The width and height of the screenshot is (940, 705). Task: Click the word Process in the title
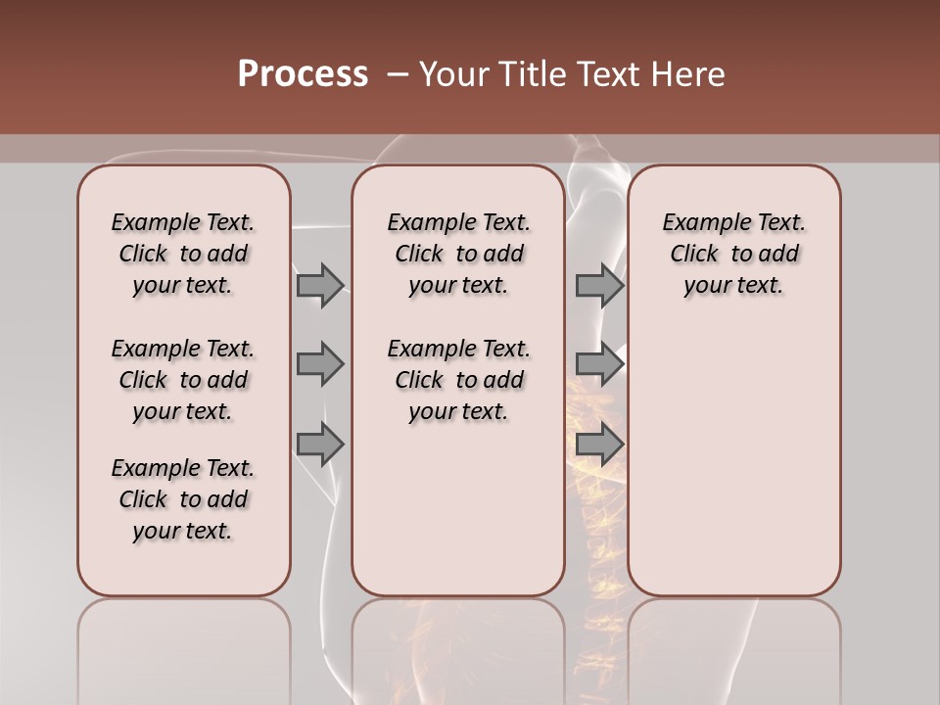[x=303, y=74]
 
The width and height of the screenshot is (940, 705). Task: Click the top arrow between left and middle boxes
[x=320, y=285]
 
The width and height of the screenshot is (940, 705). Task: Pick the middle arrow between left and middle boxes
[x=320, y=364]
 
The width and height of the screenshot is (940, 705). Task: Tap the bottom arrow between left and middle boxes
[x=320, y=444]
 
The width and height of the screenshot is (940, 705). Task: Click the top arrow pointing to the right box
[x=599, y=285]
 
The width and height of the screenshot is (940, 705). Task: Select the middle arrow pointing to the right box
[x=599, y=364]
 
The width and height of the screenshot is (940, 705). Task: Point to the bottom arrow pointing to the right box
[x=599, y=444]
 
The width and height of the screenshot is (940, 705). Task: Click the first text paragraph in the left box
[x=183, y=254]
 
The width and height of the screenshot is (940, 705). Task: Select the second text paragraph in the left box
[x=183, y=380]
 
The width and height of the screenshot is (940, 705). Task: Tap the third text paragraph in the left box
[x=183, y=499]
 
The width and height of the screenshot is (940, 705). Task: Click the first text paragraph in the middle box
[x=458, y=254]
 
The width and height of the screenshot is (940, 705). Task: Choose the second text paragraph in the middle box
[x=458, y=380]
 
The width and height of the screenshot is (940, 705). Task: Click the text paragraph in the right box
[x=733, y=254]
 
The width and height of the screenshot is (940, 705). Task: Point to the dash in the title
[x=398, y=74]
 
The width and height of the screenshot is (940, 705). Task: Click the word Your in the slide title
[x=450, y=74]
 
